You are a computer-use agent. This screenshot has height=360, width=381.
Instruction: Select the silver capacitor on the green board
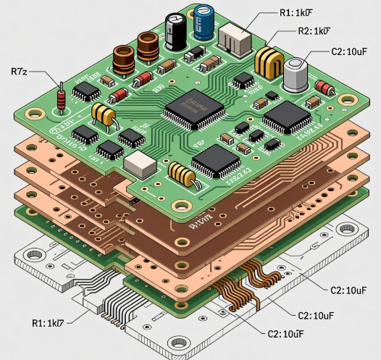[x=296, y=75]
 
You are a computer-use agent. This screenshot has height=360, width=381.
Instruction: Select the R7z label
[x=20, y=71]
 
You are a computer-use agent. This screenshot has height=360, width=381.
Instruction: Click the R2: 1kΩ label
[x=315, y=32]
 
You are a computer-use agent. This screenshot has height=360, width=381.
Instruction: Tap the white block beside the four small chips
[x=140, y=165]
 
